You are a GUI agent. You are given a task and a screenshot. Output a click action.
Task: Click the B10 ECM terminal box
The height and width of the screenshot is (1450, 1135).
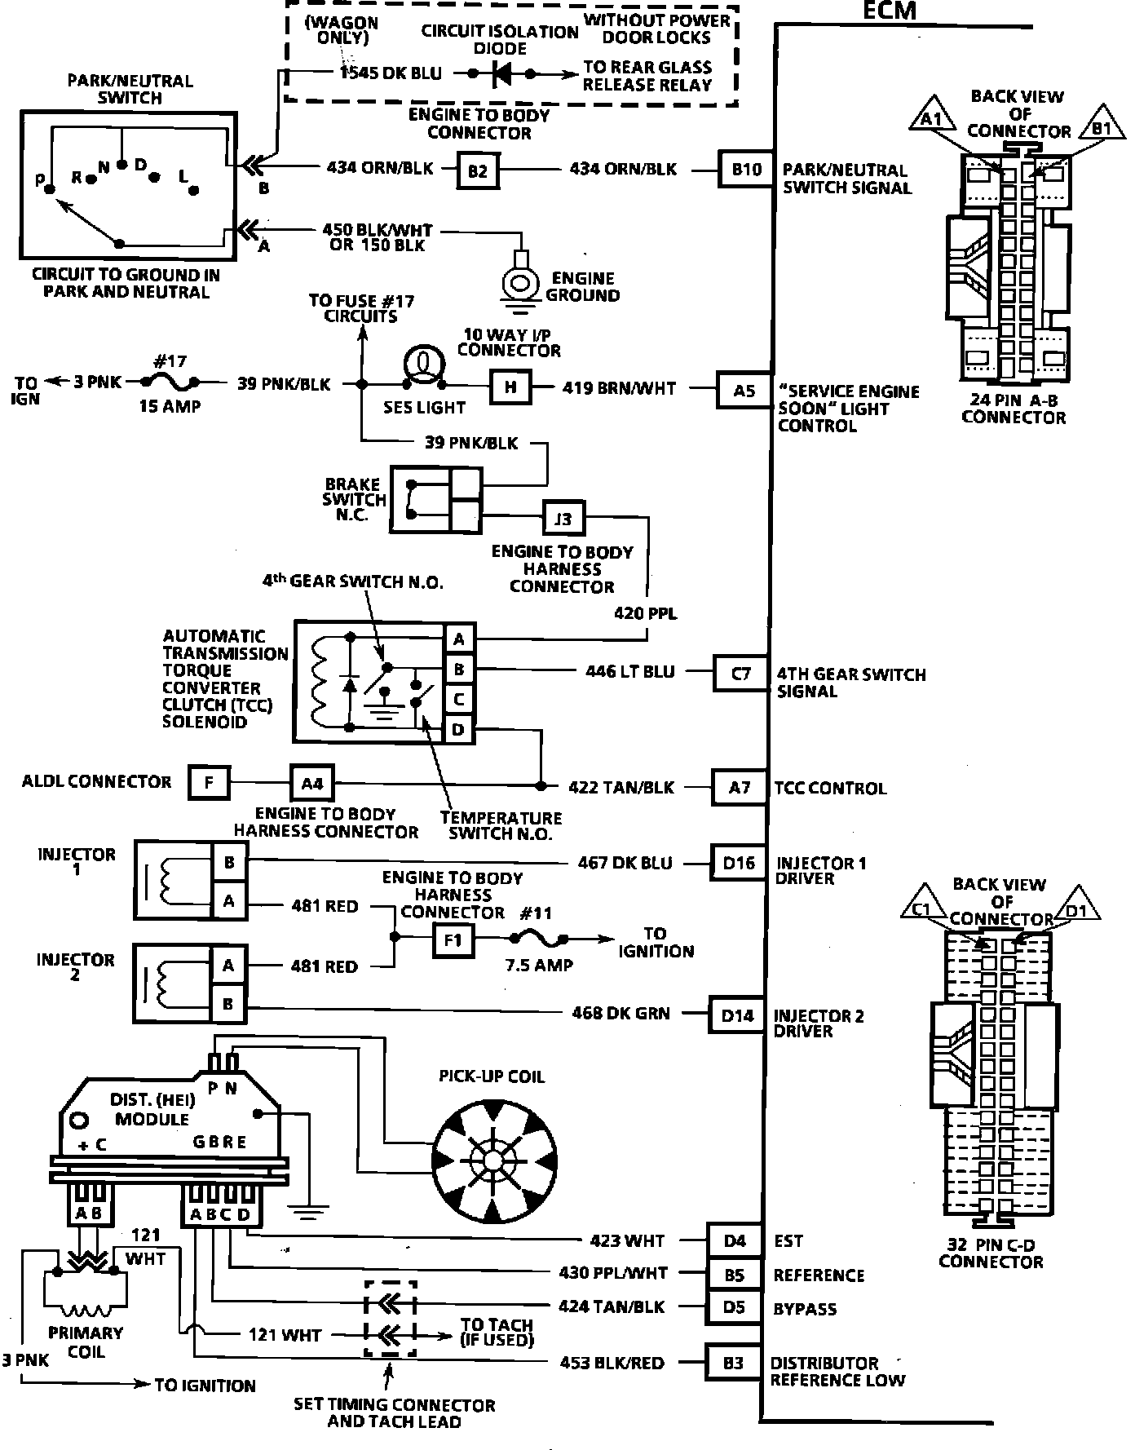pyautogui.click(x=746, y=170)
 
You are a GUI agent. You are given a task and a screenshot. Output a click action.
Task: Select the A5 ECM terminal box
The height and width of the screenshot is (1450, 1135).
pyautogui.click(x=744, y=390)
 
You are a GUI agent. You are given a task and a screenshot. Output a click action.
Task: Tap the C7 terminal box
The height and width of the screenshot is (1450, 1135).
pyautogui.click(x=740, y=674)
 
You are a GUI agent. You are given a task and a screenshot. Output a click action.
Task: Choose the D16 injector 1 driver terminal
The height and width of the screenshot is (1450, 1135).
pyautogui.click(x=738, y=863)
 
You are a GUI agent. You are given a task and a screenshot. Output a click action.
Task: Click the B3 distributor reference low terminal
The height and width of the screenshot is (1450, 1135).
pyautogui.click(x=734, y=1363)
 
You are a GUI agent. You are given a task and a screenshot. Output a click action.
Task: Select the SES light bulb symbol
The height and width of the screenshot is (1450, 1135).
pyautogui.click(x=422, y=368)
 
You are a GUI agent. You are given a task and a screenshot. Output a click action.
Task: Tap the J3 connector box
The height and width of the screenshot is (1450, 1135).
pyautogui.click(x=563, y=518)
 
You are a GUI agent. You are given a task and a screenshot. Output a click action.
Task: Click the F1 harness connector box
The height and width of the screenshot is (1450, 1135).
pyautogui.click(x=453, y=940)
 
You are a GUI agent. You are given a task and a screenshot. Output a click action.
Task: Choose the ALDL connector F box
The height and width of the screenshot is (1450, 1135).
pyautogui.click(x=209, y=783)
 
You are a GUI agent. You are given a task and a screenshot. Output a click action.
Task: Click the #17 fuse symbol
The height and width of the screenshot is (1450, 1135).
pyautogui.click(x=170, y=382)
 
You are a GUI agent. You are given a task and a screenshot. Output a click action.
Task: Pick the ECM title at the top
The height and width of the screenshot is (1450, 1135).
pyautogui.click(x=889, y=11)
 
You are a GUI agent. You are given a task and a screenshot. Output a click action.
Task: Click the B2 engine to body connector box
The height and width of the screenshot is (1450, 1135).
pyautogui.click(x=478, y=170)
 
